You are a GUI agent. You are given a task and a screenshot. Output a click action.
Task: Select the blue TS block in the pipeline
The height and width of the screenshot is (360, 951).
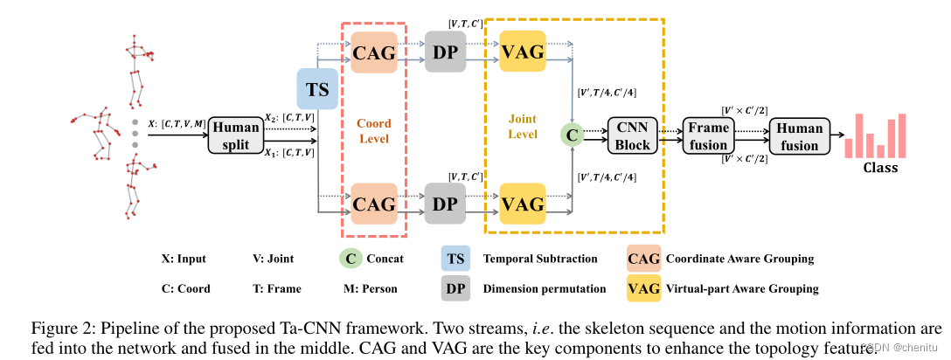(316, 90)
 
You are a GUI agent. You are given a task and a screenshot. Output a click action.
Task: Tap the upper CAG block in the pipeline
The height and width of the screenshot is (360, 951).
(373, 52)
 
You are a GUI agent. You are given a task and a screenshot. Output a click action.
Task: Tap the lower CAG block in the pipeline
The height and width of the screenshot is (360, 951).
(373, 204)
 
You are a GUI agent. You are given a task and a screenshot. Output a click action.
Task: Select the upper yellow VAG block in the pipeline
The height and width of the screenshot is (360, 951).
(523, 52)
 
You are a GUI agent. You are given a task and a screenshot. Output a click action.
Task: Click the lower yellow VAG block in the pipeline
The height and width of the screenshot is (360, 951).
(523, 204)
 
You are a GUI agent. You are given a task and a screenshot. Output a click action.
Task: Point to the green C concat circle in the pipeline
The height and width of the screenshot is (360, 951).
(572, 135)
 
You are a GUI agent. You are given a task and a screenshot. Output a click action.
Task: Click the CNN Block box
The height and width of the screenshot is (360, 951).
(631, 135)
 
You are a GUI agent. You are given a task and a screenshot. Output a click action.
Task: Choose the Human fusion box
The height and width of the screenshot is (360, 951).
(800, 135)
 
